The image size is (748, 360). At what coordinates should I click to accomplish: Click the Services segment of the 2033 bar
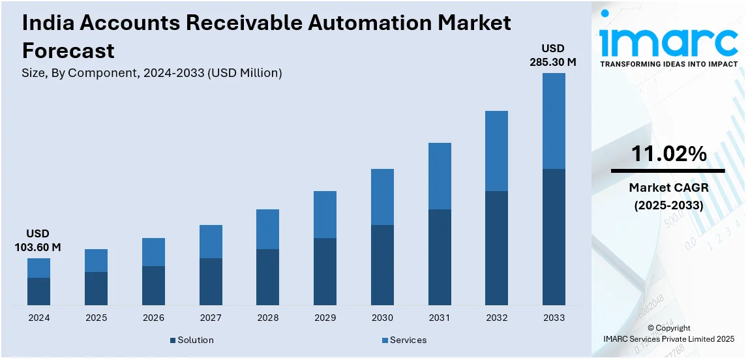click(554, 121)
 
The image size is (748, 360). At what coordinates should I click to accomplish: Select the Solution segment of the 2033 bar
click(554, 237)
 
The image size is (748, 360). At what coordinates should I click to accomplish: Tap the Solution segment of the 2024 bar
click(38, 291)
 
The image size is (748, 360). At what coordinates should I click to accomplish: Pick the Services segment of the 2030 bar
click(382, 197)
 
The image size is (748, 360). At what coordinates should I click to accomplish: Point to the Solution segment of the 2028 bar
click(267, 277)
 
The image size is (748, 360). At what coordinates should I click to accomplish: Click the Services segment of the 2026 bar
click(153, 252)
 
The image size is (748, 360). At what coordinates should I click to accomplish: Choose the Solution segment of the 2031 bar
click(440, 257)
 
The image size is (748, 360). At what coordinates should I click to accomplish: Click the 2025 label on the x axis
click(96, 318)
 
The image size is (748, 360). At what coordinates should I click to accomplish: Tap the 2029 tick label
click(325, 318)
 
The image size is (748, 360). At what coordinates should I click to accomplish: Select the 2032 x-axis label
click(496, 318)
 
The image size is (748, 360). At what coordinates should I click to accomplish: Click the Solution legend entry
click(192, 340)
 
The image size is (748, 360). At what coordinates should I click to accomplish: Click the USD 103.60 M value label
click(38, 241)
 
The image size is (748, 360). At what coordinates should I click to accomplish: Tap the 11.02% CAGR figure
click(668, 155)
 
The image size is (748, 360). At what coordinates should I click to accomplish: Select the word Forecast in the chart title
click(68, 50)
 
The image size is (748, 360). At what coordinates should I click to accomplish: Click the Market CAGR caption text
click(668, 188)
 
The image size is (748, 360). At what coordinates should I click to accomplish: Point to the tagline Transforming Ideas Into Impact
click(668, 64)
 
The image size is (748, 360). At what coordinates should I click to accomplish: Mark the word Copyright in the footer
click(672, 328)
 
